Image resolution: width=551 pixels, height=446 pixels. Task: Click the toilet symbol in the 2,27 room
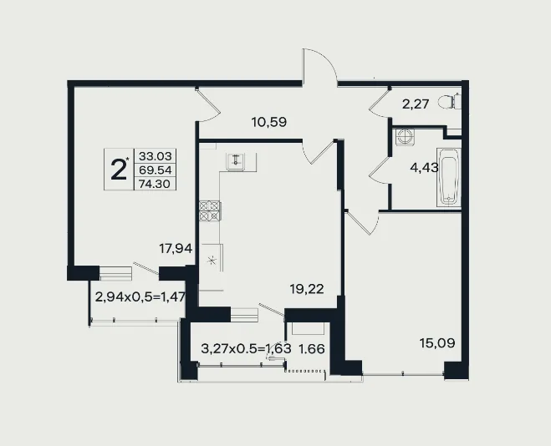point(450,102)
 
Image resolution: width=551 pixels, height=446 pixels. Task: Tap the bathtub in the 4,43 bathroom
point(449,177)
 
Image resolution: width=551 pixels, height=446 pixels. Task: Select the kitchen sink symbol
point(236,162)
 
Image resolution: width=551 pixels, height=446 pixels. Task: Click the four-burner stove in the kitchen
point(209,210)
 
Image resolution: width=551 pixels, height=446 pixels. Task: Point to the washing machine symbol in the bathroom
point(405,136)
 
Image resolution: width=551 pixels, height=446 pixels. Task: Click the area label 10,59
point(269,122)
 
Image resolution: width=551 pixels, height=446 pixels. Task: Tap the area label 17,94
point(176,248)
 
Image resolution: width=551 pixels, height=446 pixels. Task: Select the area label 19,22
point(307,289)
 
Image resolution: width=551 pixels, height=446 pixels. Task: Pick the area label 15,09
point(437,342)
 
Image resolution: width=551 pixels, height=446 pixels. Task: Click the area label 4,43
point(424,168)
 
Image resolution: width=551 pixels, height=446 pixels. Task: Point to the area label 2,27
point(416,104)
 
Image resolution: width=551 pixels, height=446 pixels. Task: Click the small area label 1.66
point(311,349)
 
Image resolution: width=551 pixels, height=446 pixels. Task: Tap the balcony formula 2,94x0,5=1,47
point(140,296)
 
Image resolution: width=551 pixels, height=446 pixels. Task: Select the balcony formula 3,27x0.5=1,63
point(247,348)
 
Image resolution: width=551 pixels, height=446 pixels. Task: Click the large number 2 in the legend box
point(119,170)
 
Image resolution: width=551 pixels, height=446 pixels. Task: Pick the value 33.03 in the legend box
point(156,155)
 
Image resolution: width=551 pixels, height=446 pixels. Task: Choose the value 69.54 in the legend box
point(156,170)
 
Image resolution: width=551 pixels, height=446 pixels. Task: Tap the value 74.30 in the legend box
point(155,184)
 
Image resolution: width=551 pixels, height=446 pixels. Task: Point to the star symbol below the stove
point(212,261)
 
